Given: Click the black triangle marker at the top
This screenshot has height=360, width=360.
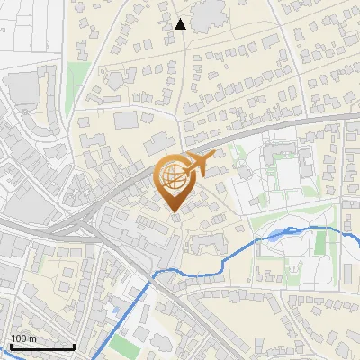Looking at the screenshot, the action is (180, 24).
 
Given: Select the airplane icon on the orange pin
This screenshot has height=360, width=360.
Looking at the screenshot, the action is (196, 165).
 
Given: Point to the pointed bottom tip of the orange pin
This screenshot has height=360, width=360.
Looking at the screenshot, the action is (175, 211).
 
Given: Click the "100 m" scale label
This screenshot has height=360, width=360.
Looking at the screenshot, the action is (23, 338).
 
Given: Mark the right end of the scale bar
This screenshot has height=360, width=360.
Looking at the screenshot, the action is (74, 346).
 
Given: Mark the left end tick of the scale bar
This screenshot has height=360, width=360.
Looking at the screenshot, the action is (10, 346).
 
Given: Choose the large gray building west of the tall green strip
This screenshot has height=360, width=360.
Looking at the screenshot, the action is (27, 90).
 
